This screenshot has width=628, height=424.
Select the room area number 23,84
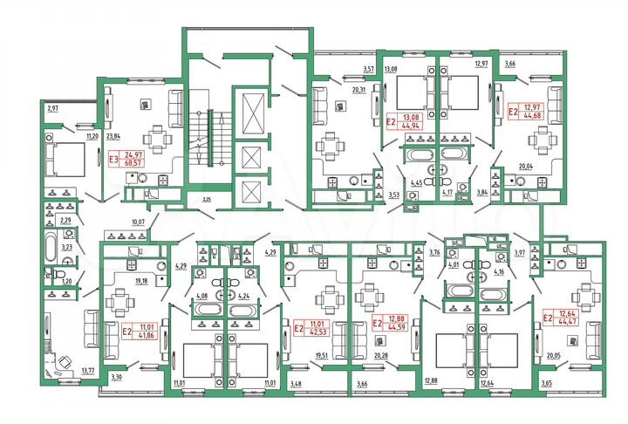[x=113, y=136]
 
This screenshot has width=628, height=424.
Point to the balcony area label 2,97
[x=52, y=108]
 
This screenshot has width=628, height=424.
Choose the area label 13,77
[x=87, y=371]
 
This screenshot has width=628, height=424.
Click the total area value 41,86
[x=133, y=334]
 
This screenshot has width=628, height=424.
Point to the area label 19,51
[x=322, y=355]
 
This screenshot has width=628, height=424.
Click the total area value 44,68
[x=532, y=115]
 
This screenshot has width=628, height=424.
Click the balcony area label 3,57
[x=368, y=68]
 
